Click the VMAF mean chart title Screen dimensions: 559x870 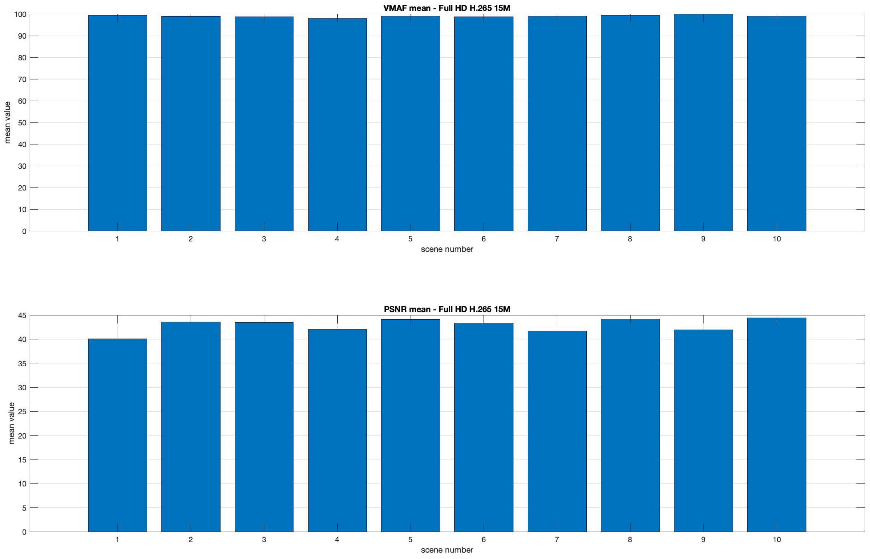447,8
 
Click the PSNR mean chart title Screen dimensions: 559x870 447,309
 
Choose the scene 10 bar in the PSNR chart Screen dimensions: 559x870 776,425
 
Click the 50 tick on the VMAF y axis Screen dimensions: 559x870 22,123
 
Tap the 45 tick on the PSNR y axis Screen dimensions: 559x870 22,315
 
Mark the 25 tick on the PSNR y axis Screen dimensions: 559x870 22,412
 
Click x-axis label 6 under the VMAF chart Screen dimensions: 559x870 484,239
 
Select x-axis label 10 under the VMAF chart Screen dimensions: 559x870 776,239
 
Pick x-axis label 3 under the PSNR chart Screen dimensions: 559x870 264,540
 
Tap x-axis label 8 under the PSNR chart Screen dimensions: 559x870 630,540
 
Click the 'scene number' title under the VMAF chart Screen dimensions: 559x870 447,249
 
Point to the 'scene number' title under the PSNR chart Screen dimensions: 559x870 447,550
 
